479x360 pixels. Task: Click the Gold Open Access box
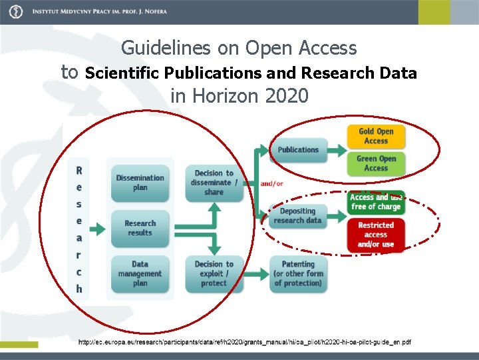click(x=375, y=136)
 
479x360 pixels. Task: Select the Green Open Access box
click(x=375, y=163)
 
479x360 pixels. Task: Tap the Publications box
click(x=298, y=149)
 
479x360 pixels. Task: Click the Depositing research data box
click(x=297, y=215)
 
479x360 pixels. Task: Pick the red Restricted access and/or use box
click(x=375, y=235)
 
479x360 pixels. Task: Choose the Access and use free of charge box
click(x=375, y=202)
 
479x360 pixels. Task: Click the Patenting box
click(x=297, y=273)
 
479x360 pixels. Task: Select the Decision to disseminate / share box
click(x=214, y=182)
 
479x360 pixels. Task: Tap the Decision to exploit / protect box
click(x=214, y=273)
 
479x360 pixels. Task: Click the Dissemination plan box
click(x=140, y=182)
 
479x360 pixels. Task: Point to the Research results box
click(x=140, y=228)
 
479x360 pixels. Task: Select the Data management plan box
click(x=140, y=273)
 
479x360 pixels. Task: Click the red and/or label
click(x=271, y=183)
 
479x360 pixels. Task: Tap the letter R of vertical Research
click(x=79, y=171)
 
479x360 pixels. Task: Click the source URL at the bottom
click(x=244, y=342)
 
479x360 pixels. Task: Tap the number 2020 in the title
click(x=286, y=96)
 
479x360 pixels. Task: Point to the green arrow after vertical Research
click(x=97, y=229)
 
